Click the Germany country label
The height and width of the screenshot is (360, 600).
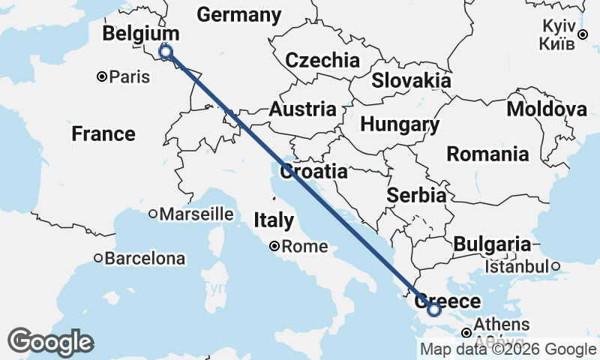(x=238, y=14)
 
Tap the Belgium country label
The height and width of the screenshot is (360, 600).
(x=141, y=34)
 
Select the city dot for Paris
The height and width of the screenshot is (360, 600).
(x=102, y=76)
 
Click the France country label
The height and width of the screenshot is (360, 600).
(x=103, y=134)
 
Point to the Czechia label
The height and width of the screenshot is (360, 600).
(x=322, y=61)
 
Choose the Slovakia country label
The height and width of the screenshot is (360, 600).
(x=411, y=80)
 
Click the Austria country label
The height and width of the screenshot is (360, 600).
(x=302, y=109)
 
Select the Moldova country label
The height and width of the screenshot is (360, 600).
(x=546, y=109)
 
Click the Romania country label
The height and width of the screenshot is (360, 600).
(x=487, y=154)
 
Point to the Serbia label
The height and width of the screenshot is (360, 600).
(x=417, y=195)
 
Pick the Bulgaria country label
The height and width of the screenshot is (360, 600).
(x=491, y=244)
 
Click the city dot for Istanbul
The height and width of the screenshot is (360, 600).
(x=556, y=266)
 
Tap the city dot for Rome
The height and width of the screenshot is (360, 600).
(x=275, y=246)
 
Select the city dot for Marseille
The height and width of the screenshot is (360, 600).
(x=153, y=214)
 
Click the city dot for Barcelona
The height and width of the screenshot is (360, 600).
(x=97, y=259)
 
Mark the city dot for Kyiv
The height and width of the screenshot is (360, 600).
(x=583, y=34)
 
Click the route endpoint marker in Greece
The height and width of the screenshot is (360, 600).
(x=433, y=308)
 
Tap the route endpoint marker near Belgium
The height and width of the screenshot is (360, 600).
(x=166, y=52)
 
